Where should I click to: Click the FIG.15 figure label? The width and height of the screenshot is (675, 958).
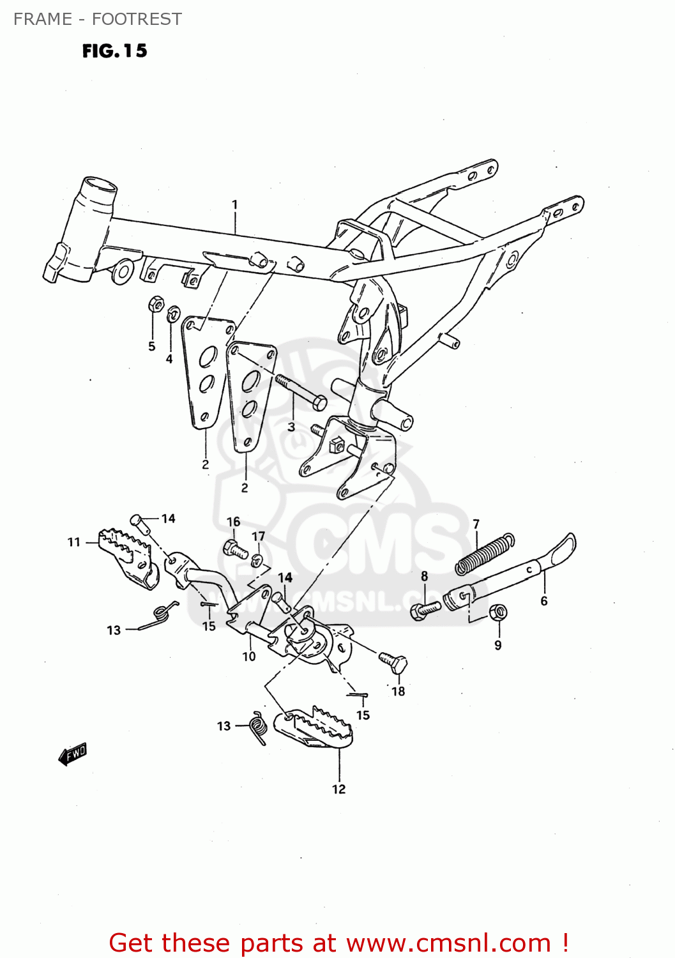tap(114, 51)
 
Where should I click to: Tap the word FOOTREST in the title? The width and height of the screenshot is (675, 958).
tap(137, 19)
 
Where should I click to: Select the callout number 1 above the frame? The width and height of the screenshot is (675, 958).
tap(234, 204)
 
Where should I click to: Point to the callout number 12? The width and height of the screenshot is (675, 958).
tap(338, 789)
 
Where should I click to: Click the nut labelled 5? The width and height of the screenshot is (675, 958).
tap(155, 304)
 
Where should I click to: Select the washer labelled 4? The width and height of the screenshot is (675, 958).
tap(172, 314)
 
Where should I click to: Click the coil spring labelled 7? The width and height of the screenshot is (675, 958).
tap(484, 554)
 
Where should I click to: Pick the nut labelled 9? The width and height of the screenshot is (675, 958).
tap(498, 613)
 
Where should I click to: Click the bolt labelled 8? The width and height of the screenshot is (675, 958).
tap(424, 610)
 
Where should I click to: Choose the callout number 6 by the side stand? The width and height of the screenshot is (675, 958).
tap(543, 601)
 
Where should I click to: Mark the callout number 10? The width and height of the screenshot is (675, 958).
tap(248, 656)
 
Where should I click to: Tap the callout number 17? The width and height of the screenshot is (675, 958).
tap(258, 536)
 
